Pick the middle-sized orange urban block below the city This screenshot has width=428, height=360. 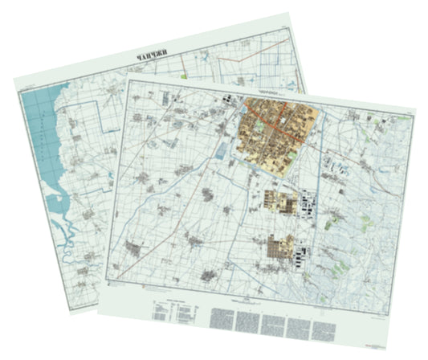click(x=282, y=200)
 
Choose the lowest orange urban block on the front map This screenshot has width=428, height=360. click(x=280, y=248)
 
